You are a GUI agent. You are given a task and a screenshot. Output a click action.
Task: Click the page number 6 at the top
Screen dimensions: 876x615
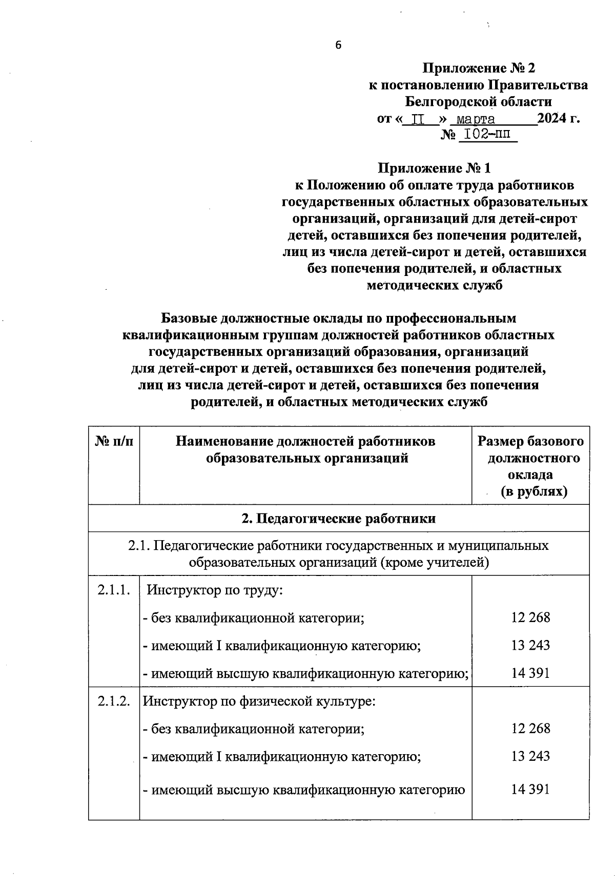[x=338, y=45]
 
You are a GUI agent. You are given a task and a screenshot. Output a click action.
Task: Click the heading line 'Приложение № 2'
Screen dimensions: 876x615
[x=478, y=68]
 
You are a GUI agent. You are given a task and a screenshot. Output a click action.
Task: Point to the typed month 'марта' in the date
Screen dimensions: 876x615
[x=476, y=120]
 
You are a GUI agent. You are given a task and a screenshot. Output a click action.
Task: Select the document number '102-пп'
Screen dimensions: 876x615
[x=487, y=135]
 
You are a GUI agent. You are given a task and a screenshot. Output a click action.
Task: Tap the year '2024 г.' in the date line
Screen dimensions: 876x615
[x=559, y=119]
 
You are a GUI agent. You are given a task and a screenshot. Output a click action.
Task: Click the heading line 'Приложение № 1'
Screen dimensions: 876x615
[x=434, y=168]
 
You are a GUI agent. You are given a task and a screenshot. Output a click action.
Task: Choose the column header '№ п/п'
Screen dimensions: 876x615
[x=114, y=441]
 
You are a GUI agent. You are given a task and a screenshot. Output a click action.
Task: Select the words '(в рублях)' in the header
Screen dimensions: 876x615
[x=534, y=492]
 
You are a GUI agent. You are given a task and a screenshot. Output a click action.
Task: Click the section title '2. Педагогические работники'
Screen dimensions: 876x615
[x=338, y=518]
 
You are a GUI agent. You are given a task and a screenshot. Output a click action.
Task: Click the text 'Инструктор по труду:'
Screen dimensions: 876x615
[x=215, y=590]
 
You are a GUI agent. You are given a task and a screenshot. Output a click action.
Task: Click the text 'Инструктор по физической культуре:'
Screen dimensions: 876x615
[x=259, y=701]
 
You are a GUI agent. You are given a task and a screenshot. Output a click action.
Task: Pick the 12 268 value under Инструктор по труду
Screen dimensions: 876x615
[x=530, y=617]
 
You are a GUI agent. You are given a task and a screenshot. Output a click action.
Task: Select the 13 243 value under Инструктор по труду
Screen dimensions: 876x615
[x=530, y=645]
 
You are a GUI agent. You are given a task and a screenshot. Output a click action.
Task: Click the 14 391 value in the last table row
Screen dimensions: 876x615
[x=530, y=789]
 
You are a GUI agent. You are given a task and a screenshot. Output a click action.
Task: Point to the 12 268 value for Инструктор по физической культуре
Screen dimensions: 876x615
[x=530, y=728]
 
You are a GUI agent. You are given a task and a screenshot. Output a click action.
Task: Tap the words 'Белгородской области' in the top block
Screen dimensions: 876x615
[x=478, y=101]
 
